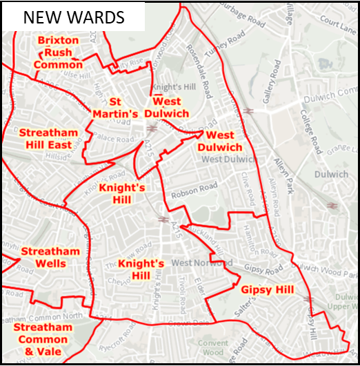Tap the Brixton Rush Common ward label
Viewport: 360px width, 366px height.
coord(58,52)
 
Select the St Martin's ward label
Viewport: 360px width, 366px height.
coord(115,107)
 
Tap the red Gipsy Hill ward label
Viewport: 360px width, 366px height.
coord(267,289)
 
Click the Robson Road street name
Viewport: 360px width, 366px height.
coord(199,188)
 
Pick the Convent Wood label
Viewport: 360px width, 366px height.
coord(212,347)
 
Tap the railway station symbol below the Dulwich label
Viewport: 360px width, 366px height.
coord(332,205)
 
